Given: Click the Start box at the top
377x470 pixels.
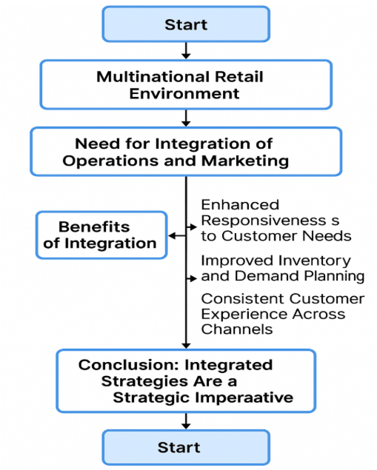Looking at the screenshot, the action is click(186, 24).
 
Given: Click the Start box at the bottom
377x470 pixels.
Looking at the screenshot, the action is click(186, 447).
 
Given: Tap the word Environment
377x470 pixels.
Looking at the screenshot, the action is click(184, 93).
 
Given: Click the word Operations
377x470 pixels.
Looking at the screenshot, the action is click(111, 161).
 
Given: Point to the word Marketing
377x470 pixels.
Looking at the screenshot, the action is click(245, 161).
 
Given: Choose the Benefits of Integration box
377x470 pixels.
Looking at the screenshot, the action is click(101, 235).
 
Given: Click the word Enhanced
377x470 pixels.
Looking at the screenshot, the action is click(240, 205).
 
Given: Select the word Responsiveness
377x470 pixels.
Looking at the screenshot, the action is click(264, 221).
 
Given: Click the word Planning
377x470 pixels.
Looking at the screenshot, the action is click(334, 276).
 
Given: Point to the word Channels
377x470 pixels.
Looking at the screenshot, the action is click(237, 329).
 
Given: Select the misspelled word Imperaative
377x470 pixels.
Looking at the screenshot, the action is click(244, 398).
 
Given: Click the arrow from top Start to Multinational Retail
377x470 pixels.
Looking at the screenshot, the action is click(186, 50).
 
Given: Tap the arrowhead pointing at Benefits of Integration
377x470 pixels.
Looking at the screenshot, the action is click(172, 236).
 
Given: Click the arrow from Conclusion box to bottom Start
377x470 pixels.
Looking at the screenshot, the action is click(186, 421).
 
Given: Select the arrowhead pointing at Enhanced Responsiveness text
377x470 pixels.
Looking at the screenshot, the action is click(193, 227).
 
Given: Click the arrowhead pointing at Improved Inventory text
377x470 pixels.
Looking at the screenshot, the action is click(193, 279).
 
